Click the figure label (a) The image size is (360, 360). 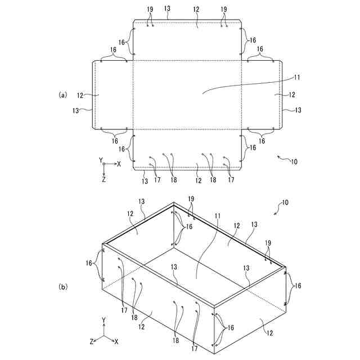pos(63,94)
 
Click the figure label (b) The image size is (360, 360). pos(63,286)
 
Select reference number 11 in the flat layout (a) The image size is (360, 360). pos(298,77)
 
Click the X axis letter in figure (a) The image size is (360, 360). pos(119,164)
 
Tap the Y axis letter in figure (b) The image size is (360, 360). pos(104,321)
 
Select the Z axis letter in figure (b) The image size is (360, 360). pos(91,341)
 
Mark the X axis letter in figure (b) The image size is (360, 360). pos(116,341)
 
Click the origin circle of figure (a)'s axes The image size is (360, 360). pos(104,164)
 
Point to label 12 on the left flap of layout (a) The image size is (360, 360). pos(81,96)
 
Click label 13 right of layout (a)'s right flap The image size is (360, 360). pos(298,110)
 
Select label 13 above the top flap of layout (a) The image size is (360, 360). pos(168,10)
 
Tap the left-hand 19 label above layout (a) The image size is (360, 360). pos(149,10)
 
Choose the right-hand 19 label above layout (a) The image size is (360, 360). pos(224,10)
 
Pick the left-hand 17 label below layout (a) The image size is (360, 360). pos(157,180)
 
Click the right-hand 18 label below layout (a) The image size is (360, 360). pos(213,180)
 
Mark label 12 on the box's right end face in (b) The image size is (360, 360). pos(270,333)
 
